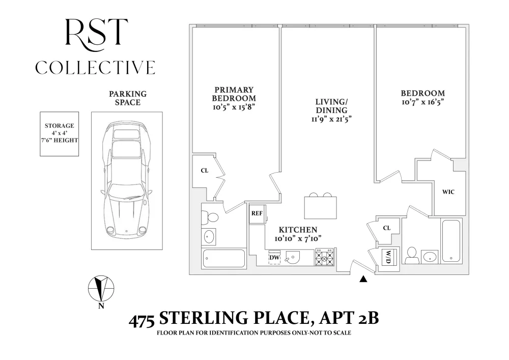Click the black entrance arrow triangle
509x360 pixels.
pyautogui.click(x=363, y=279)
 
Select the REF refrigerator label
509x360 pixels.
pyautogui.click(x=257, y=213)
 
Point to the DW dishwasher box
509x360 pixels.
pyautogui.click(x=275, y=258)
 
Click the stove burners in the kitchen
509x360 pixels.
pyautogui.click(x=325, y=258)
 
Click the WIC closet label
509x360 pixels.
pyautogui.click(x=448, y=192)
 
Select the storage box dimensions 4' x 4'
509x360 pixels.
pyautogui.click(x=60, y=133)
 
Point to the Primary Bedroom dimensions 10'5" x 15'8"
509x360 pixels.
pyautogui.click(x=234, y=107)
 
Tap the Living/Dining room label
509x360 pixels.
pyautogui.click(x=331, y=106)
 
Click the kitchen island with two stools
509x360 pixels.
pyautogui.click(x=320, y=206)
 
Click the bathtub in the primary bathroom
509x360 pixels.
pyautogui.click(x=223, y=258)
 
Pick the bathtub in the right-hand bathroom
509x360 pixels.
pyautogui.click(x=451, y=240)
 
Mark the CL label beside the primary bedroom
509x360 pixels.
pyautogui.click(x=205, y=171)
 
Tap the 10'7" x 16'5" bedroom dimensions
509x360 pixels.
pyautogui.click(x=422, y=102)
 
